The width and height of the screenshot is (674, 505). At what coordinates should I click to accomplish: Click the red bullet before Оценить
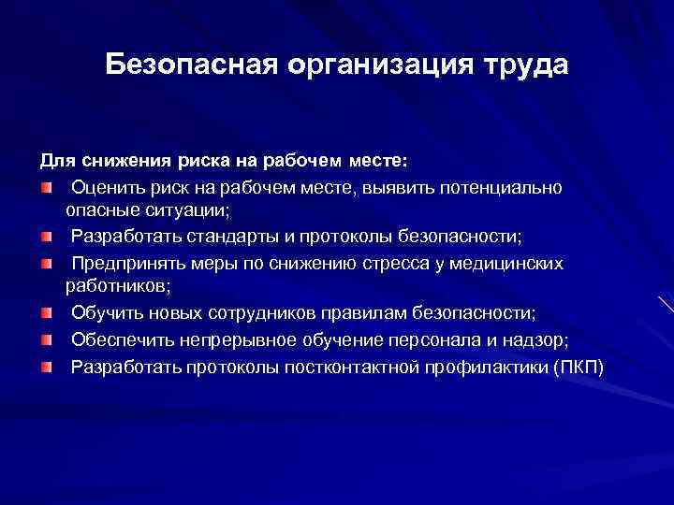46,188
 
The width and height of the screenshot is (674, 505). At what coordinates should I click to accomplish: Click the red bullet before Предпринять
46,263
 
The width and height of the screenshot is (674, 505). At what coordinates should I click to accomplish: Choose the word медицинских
508,263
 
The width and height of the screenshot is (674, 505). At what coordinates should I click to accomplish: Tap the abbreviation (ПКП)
579,364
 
